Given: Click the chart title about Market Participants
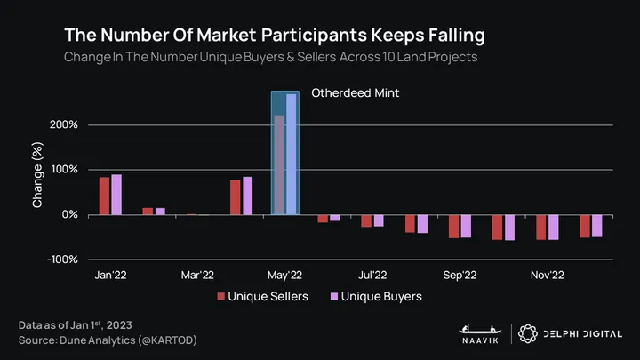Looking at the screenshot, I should pyautogui.click(x=275, y=36).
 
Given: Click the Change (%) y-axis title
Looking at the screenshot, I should pyautogui.click(x=38, y=178).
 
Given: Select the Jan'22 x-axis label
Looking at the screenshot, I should pyautogui.click(x=110, y=276).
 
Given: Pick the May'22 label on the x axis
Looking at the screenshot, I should pyautogui.click(x=285, y=276).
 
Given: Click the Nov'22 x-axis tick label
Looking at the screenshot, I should pyautogui.click(x=548, y=276).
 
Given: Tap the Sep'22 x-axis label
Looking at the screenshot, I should pyautogui.click(x=460, y=276).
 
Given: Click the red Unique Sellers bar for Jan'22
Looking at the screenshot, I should pyautogui.click(x=104, y=196).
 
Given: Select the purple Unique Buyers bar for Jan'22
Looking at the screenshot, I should pyautogui.click(x=116, y=195).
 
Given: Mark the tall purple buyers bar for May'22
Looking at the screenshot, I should pyautogui.click(x=292, y=154).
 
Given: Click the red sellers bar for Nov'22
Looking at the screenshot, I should pyautogui.click(x=541, y=227).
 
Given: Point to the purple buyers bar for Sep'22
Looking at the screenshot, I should pyautogui.click(x=466, y=226).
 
